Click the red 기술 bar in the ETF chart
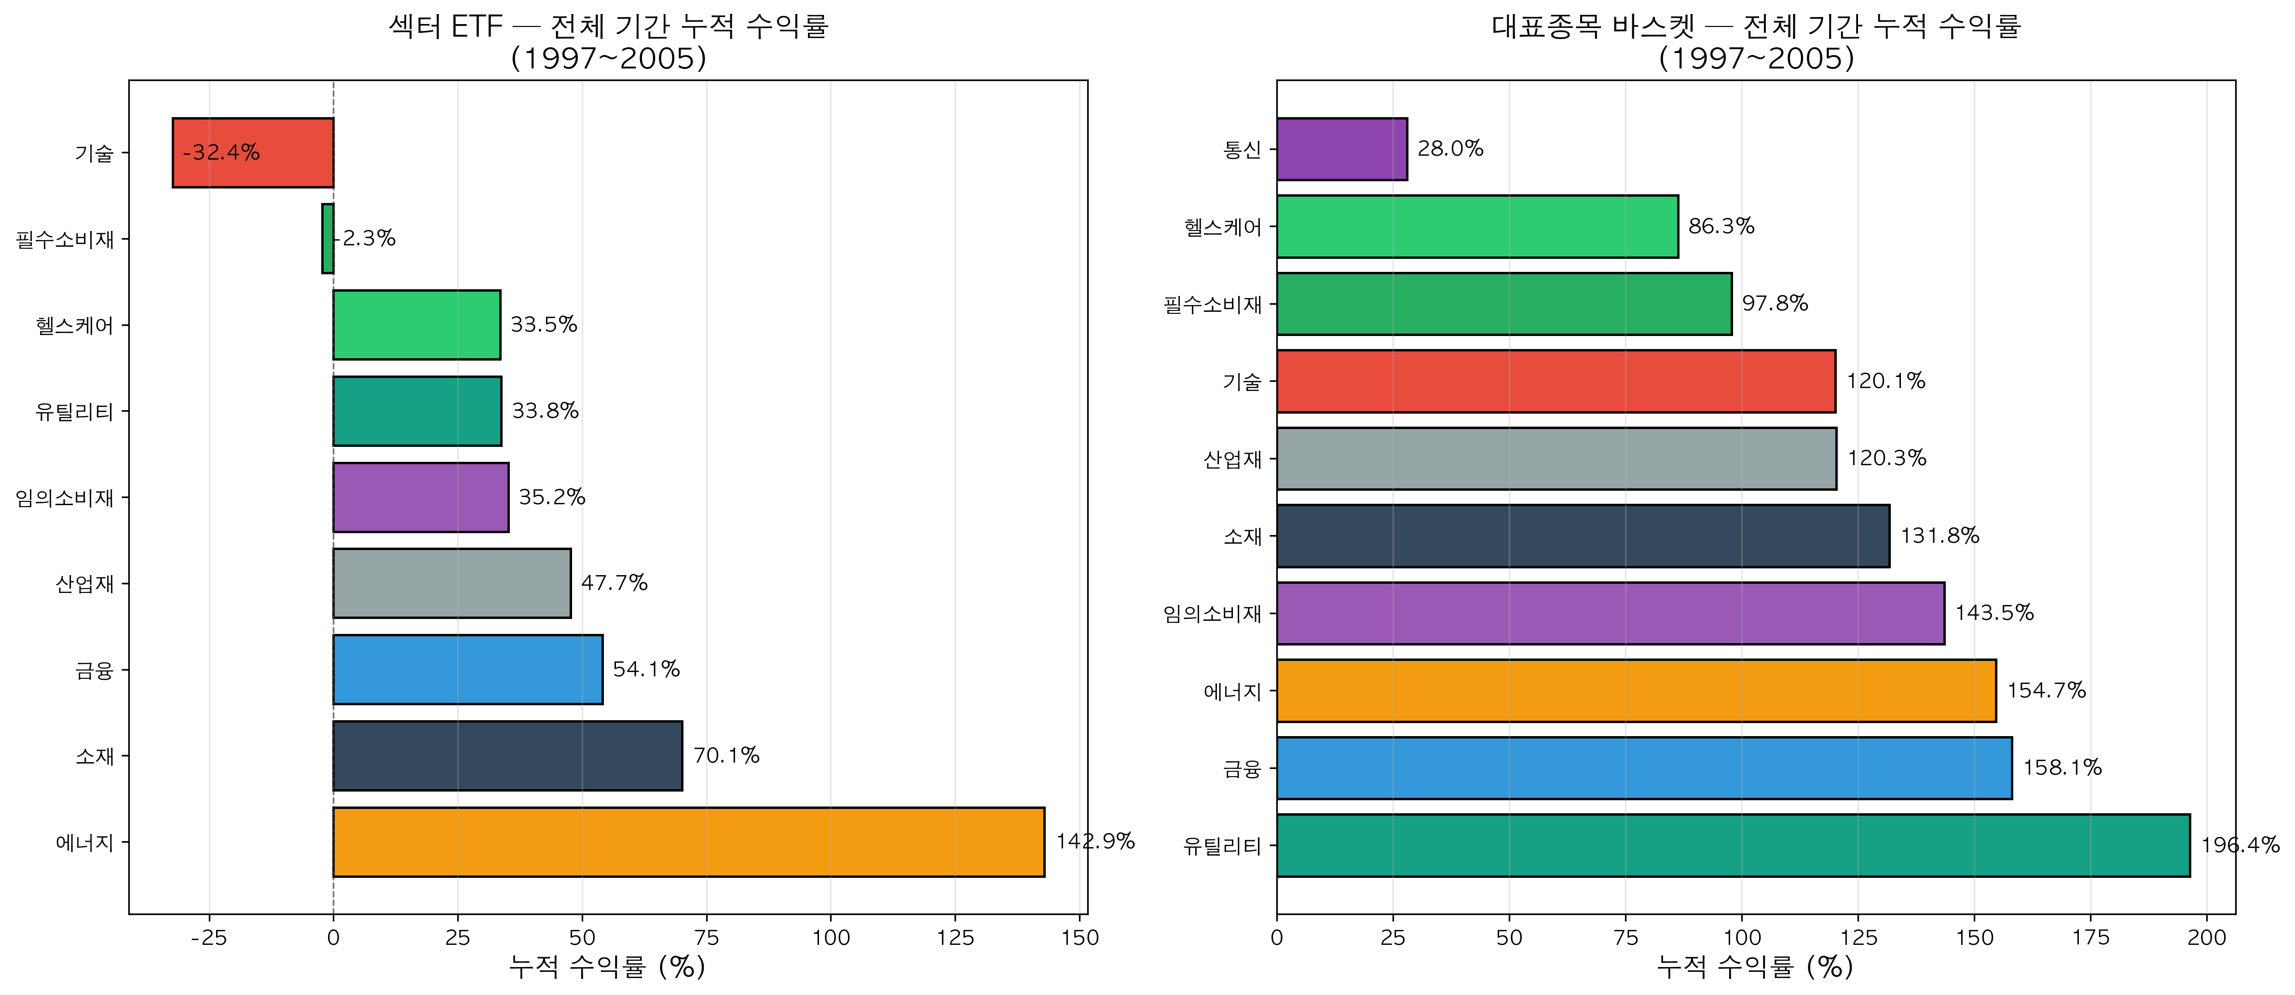[x=253, y=152]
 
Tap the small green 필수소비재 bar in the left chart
[x=328, y=239]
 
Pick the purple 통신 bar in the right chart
[x=1342, y=149]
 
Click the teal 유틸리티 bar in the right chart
[x=1733, y=846]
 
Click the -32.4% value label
[x=221, y=152]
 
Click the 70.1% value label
[x=726, y=755]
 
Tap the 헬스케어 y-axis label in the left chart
[x=75, y=325]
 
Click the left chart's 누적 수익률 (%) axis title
[x=607, y=967]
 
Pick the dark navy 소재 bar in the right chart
[x=1582, y=536]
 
